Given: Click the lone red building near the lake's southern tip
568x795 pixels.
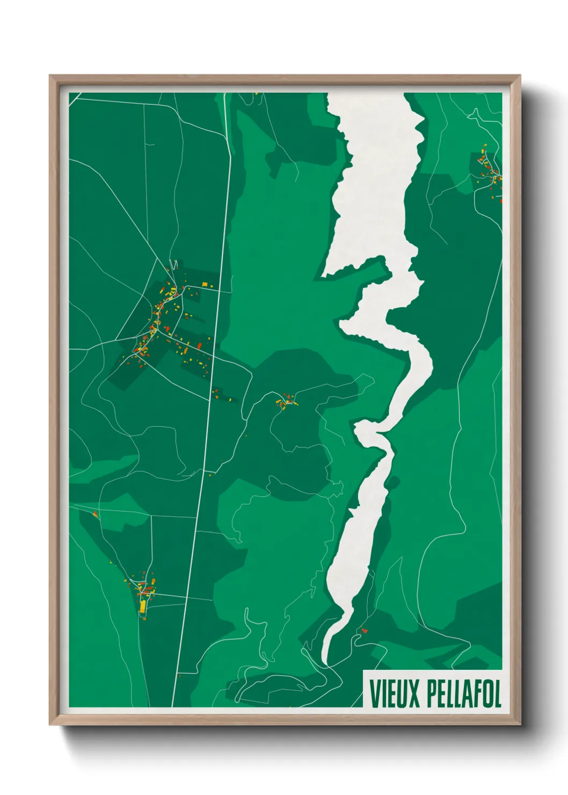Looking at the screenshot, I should pos(364,630).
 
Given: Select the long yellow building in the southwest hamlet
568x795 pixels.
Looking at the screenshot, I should pos(142,605).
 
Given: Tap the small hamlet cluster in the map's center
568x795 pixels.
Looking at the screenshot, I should pos(287,400).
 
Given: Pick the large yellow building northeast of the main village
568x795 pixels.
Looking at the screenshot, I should pos(205,284).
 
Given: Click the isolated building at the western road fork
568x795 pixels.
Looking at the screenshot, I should pos(96,515).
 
